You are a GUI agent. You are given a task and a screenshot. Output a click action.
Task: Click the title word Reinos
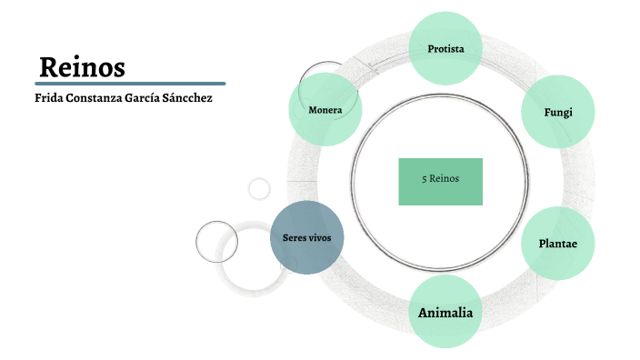point(83,67)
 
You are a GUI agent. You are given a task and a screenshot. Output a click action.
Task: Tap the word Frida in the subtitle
point(50,97)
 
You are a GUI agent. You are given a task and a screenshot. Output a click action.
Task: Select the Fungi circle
point(557,112)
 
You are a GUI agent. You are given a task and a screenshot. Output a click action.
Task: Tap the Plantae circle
point(557,244)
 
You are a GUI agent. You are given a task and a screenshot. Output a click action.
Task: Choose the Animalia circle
point(445,312)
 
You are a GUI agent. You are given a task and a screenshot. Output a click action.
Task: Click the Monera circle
point(325,110)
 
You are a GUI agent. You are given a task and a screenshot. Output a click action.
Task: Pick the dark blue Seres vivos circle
point(307,238)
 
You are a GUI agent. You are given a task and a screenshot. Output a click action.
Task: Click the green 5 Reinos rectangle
point(441,180)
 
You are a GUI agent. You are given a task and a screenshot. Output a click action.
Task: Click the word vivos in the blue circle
point(325,238)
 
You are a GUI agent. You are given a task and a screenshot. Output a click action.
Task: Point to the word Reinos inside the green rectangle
point(445,179)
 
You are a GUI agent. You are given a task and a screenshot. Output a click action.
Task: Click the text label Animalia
point(445,313)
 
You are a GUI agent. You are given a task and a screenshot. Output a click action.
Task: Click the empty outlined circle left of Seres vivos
point(216,241)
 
